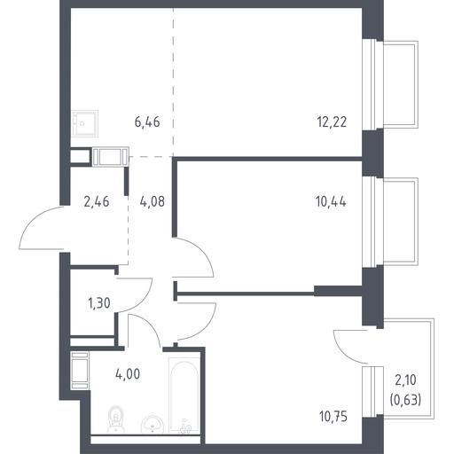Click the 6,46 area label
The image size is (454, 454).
click(147, 122)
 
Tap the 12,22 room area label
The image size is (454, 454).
click(332, 121)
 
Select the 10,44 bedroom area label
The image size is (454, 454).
click(331, 202)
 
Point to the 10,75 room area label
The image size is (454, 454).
click(333, 417)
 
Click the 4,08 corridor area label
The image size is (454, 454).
click(153, 201)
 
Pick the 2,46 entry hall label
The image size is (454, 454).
click(97, 202)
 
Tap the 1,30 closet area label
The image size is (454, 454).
click(99, 303)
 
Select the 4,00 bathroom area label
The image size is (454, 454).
click(128, 374)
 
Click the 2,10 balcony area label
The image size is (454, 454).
click(405, 380)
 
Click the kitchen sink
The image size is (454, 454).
click(85, 123)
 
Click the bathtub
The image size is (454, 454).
click(184, 395)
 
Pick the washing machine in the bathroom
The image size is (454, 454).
click(80, 371)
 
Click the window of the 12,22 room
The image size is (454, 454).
click(373, 84)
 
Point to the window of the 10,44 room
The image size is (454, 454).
click(373, 223)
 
